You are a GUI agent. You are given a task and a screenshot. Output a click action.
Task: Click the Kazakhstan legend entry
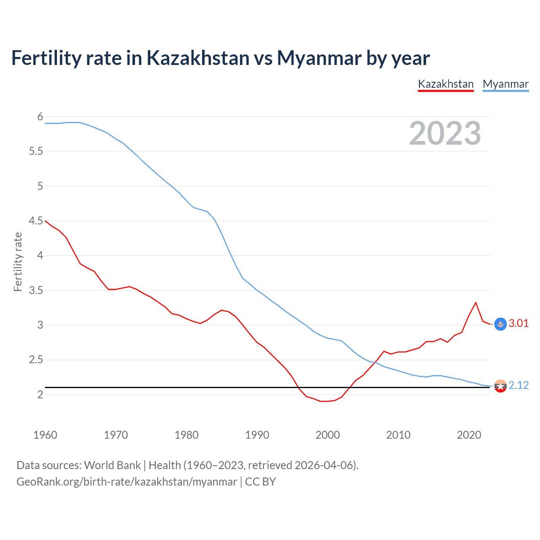(445, 84)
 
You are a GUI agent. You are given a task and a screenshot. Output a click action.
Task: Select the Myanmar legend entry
(505, 84)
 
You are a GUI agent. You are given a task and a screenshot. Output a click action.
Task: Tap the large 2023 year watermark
(445, 133)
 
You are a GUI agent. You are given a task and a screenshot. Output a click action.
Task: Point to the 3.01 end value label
(518, 323)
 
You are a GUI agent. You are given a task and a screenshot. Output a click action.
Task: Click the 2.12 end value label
(518, 385)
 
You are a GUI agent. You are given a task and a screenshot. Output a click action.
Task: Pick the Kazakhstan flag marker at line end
(500, 324)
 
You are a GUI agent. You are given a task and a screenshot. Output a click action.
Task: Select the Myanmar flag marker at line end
(500, 386)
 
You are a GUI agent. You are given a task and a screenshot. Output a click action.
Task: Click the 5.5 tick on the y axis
(36, 151)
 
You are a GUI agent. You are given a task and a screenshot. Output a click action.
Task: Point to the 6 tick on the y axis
(40, 116)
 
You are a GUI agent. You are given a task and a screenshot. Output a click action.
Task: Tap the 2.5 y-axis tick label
(36, 359)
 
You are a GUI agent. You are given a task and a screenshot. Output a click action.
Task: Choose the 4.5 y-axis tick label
(36, 221)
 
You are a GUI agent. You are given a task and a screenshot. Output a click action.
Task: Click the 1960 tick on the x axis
(45, 435)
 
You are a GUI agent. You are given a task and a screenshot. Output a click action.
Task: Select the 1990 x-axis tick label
(257, 435)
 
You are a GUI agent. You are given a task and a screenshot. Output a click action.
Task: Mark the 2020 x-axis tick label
(469, 435)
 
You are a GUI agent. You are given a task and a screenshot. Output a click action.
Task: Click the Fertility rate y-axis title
(18, 262)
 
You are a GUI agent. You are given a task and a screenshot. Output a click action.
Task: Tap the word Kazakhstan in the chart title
(198, 58)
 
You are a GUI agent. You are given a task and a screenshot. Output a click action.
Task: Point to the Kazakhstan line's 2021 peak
(476, 302)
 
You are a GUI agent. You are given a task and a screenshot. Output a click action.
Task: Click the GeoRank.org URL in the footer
(127, 482)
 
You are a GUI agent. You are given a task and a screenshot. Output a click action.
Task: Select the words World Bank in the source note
(112, 465)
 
